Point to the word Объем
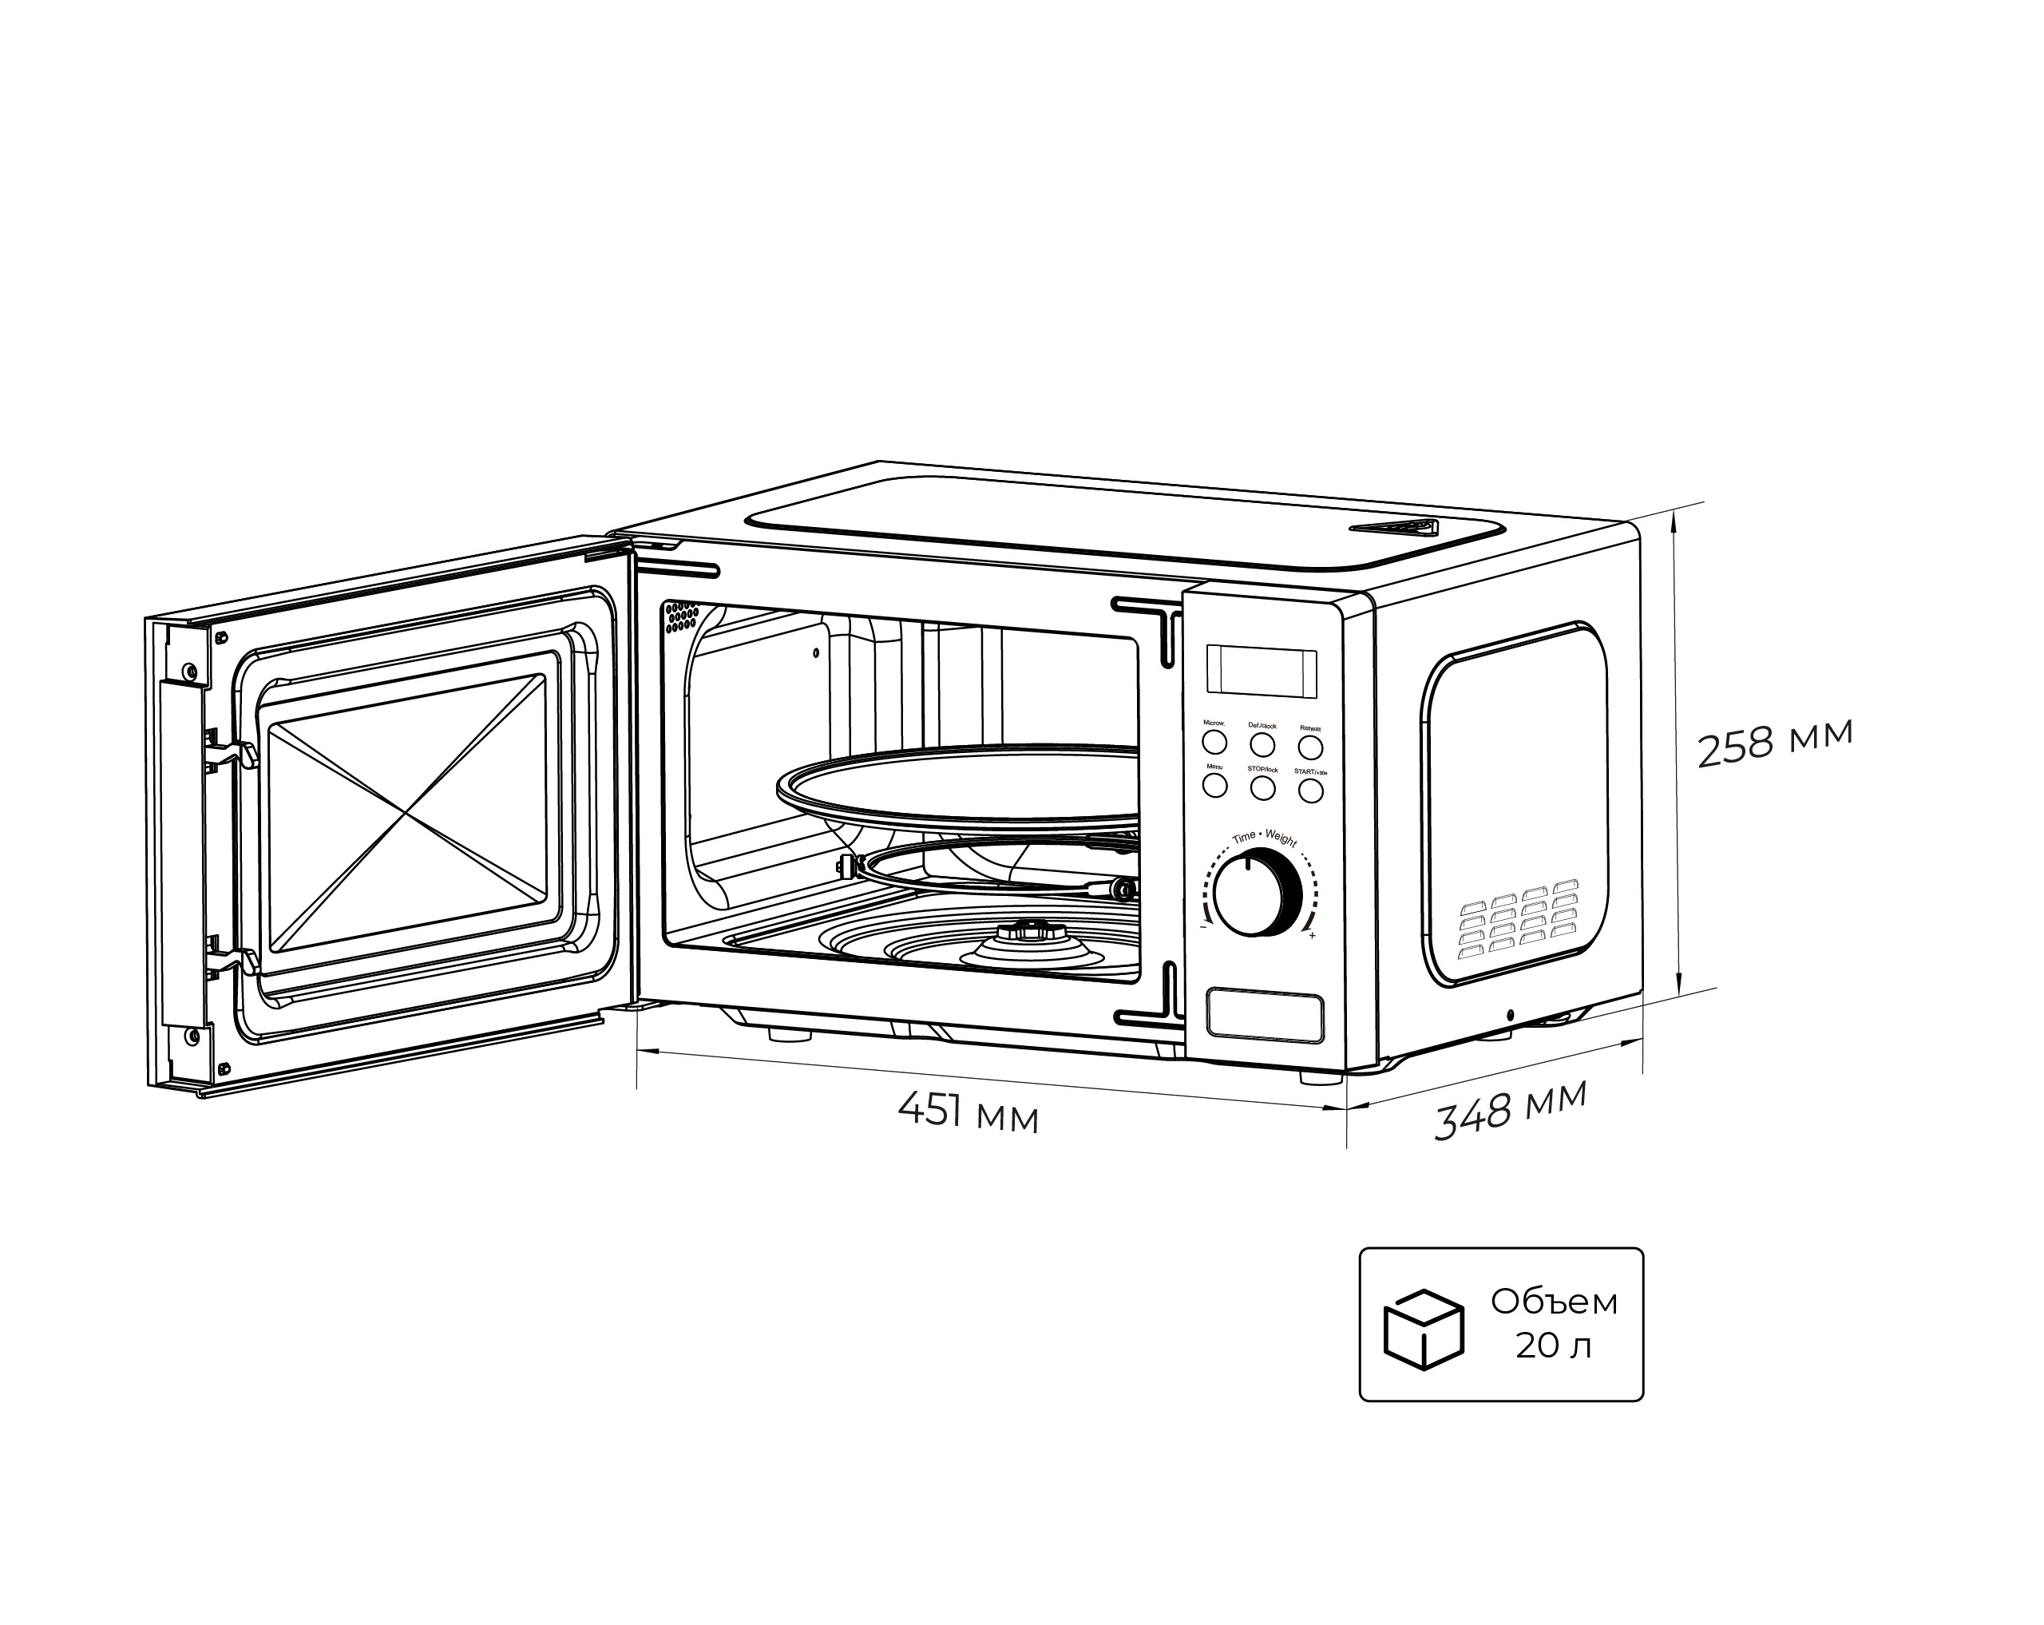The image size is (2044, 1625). [1554, 1302]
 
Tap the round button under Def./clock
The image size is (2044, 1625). [1262, 744]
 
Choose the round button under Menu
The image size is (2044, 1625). [1214, 785]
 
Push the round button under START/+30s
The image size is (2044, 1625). [1310, 790]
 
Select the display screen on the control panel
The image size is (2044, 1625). [1261, 672]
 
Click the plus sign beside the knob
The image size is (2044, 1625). [1312, 937]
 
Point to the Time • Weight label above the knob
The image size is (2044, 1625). [1264, 837]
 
